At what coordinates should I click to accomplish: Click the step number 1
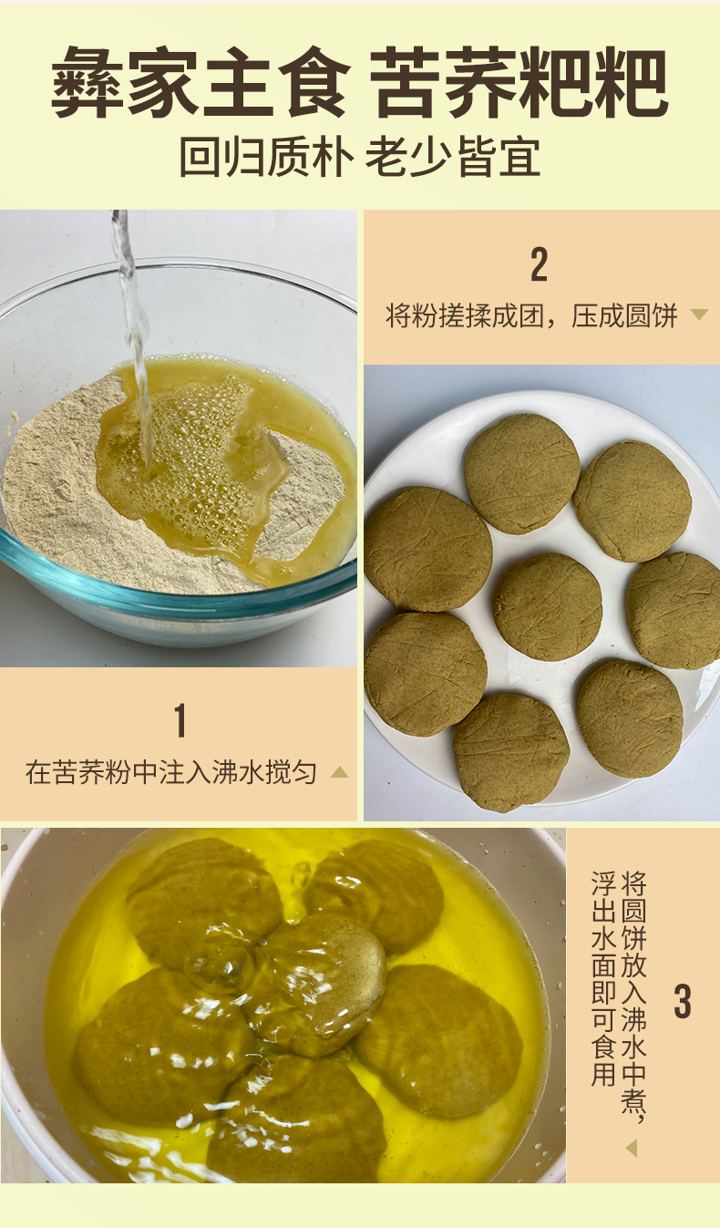coord(180,720)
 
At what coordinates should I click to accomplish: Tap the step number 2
coord(540,264)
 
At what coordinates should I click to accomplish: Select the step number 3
coord(683,1002)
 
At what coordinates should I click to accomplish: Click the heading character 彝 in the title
coord(87,82)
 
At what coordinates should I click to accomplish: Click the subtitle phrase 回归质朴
coord(266,158)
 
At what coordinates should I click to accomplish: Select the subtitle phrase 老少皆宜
coord(453,158)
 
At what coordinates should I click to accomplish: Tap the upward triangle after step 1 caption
coord(340,772)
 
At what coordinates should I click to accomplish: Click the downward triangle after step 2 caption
coord(699,315)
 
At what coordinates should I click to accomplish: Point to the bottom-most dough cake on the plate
coord(510,752)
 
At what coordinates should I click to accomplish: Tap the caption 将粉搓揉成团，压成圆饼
coord(531,315)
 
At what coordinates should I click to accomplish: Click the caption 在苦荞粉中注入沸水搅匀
coord(171,772)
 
